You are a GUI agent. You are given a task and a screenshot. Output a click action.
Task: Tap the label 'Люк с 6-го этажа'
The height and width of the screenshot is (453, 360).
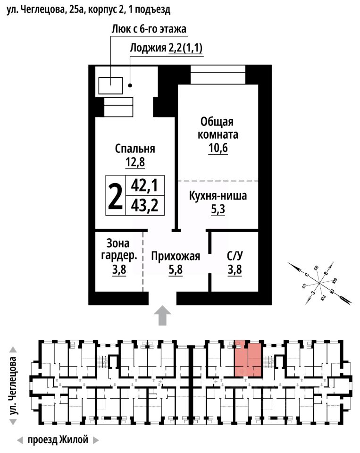(x=149, y=29)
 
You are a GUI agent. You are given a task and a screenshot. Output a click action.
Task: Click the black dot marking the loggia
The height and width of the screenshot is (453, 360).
(x=130, y=86)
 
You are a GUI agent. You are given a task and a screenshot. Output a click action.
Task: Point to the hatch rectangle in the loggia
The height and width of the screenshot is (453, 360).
(x=111, y=86)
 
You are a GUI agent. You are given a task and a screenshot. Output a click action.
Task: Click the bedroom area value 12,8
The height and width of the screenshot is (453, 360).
(x=135, y=162)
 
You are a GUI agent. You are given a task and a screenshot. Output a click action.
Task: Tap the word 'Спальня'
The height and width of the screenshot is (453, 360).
(x=135, y=149)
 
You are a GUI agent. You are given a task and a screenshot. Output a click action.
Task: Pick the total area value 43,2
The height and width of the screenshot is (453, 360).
(x=144, y=206)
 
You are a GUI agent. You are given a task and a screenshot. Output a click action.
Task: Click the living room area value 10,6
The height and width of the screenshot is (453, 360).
(x=218, y=149)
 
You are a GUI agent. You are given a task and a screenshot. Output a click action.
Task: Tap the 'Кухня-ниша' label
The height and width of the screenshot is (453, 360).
(x=218, y=195)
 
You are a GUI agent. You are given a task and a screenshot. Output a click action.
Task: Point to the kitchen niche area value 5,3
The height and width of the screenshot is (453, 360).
(x=218, y=209)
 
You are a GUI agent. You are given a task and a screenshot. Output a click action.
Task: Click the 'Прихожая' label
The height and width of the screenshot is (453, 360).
(x=176, y=257)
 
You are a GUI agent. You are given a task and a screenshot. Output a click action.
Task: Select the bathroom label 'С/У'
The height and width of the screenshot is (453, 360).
(x=234, y=257)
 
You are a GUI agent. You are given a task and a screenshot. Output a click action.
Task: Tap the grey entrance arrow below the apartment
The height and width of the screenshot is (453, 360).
(x=162, y=315)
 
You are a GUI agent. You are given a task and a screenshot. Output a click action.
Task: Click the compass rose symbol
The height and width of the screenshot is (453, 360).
(x=319, y=283)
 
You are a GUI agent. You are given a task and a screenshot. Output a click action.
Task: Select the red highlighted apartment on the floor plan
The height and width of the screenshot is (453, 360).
(x=248, y=359)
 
